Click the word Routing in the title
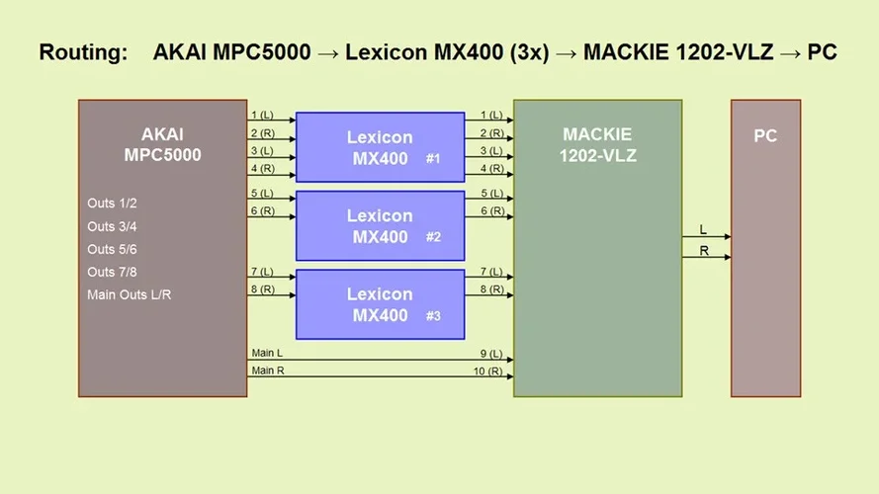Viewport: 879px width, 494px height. tap(83, 52)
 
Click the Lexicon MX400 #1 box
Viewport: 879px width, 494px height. tap(380, 147)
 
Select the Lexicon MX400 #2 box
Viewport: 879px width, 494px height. tap(380, 226)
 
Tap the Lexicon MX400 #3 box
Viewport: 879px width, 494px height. tap(380, 304)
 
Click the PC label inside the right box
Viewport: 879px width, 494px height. tap(765, 136)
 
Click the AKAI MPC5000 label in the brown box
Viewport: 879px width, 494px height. tap(162, 144)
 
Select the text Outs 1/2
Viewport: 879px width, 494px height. tap(112, 204)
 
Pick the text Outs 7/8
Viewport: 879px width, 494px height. tap(112, 272)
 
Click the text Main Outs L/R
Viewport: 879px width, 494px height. tap(129, 294)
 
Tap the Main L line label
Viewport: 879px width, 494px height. tap(267, 353)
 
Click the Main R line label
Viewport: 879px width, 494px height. tap(267, 370)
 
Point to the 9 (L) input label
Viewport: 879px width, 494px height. tap(491, 353)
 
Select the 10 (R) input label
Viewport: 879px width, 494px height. tap(489, 370)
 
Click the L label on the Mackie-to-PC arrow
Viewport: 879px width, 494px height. tap(703, 229)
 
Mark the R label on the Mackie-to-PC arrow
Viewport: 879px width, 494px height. tap(704, 251)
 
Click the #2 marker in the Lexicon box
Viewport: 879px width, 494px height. tap(432, 237)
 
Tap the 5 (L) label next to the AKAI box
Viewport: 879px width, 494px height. tap(262, 193)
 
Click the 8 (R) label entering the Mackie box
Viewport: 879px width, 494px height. tap(491, 289)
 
